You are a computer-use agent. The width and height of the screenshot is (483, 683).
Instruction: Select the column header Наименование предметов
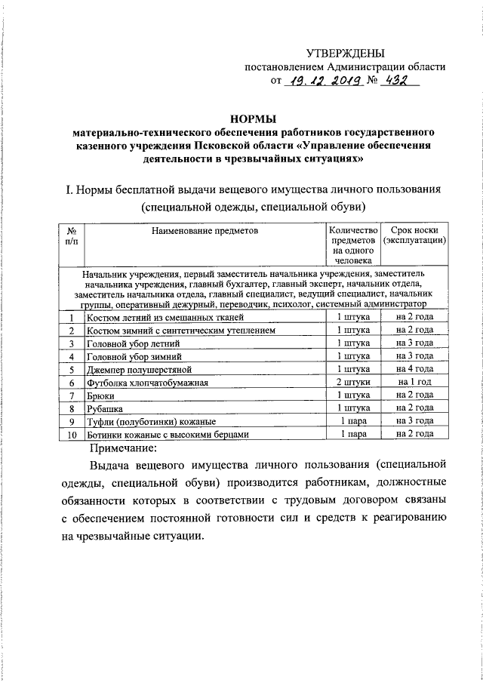pyautogui.click(x=204, y=229)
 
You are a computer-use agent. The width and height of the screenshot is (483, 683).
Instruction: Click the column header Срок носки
pyautogui.click(x=414, y=229)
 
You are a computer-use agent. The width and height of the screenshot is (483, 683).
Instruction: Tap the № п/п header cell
pyautogui.click(x=70, y=235)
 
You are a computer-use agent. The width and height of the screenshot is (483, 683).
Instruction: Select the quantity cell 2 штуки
pyautogui.click(x=353, y=383)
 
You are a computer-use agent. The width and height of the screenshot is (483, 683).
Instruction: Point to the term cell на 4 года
pyautogui.click(x=414, y=370)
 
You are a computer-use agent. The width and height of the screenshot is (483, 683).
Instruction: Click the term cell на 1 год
pyautogui.click(x=414, y=383)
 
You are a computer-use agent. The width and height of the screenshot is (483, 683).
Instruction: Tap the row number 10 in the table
pyautogui.click(x=71, y=435)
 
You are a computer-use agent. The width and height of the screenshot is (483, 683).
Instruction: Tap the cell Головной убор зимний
pyautogui.click(x=135, y=357)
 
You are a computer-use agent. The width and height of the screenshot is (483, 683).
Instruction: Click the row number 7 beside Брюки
pyautogui.click(x=71, y=395)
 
